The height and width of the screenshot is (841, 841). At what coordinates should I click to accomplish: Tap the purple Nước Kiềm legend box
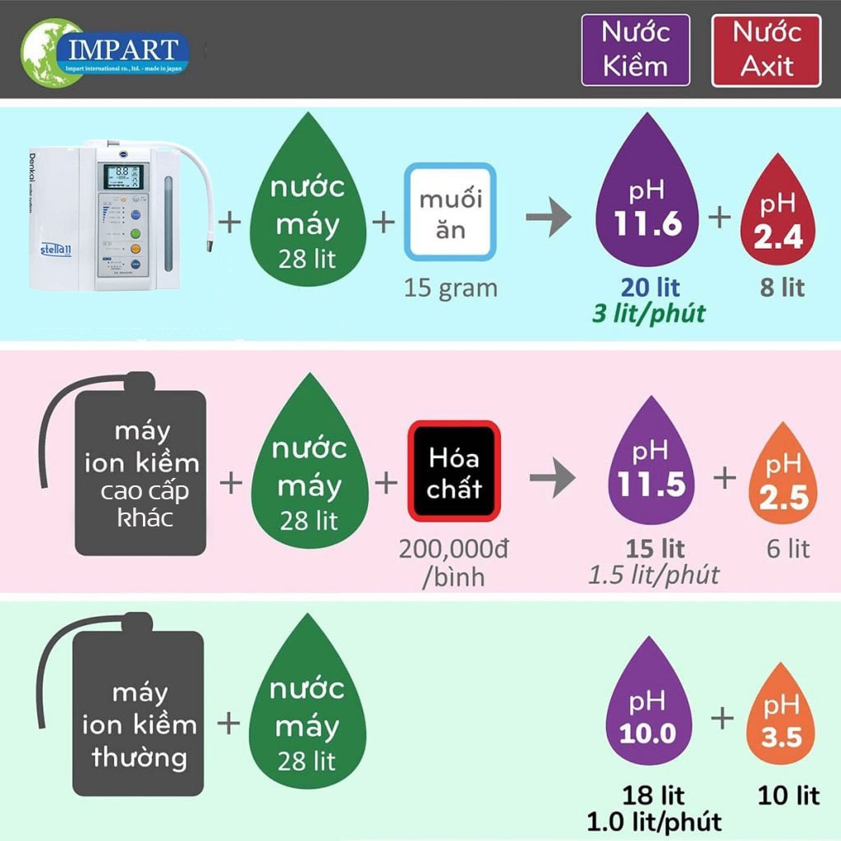635,50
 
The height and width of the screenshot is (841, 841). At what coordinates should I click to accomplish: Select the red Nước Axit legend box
765,50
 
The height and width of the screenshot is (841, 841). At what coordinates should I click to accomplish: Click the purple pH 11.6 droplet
649,205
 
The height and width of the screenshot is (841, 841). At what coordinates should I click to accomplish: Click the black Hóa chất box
454,471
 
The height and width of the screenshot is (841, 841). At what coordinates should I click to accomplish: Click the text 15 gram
450,288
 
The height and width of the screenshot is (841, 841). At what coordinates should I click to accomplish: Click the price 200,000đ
453,549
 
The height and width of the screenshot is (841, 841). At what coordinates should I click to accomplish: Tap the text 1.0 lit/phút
654,820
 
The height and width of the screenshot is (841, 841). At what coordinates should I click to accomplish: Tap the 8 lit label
781,287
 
